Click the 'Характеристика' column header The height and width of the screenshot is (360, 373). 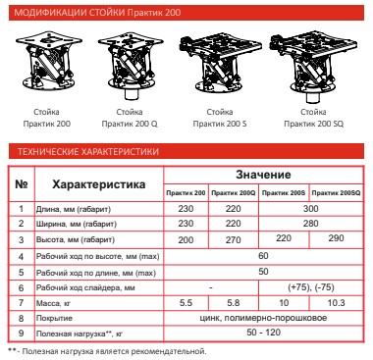99,184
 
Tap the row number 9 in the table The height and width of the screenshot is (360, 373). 21,334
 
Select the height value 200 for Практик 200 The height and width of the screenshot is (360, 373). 186,239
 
